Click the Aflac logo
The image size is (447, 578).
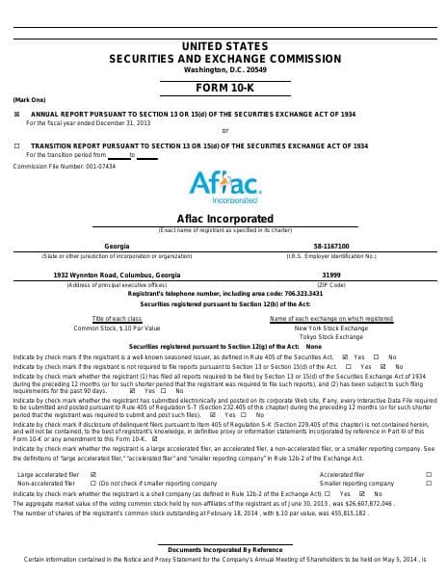[223, 184]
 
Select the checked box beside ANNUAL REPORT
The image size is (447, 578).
[17, 114]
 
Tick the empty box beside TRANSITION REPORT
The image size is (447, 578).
[17, 145]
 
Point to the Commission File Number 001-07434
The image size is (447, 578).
[64, 166]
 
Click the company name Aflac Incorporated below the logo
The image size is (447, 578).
[224, 218]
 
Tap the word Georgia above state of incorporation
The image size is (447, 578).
[117, 246]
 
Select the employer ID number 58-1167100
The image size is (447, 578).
[330, 246]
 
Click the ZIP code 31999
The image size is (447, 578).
[330, 275]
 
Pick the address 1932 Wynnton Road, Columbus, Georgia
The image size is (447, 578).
[117, 275]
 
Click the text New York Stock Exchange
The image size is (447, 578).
[330, 328]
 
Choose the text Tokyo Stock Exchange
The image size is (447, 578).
[330, 336]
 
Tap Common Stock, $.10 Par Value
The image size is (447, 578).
[117, 328]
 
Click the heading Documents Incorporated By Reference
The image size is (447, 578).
[223, 548]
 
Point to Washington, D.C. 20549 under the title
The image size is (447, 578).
[223, 69]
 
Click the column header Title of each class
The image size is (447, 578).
[117, 318]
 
